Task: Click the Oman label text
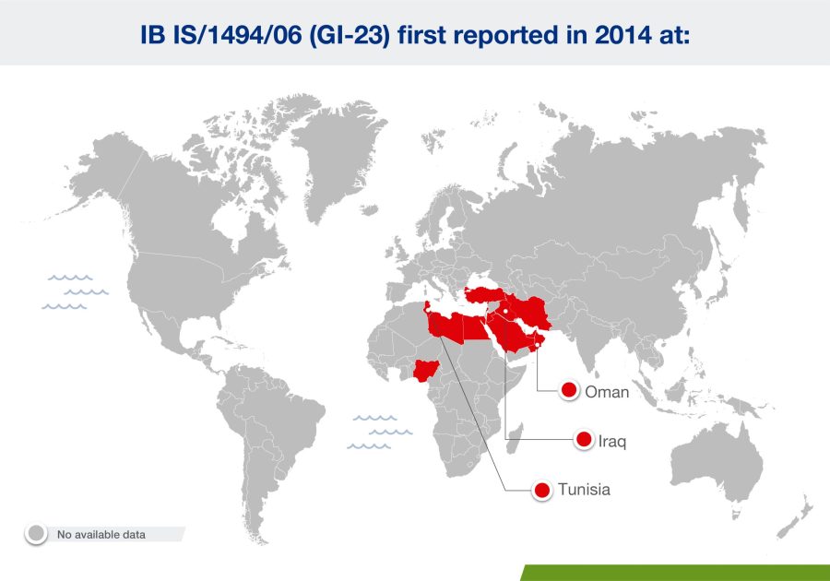(607, 392)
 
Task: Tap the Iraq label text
(612, 441)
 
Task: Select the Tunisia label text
(584, 490)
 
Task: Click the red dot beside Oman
(569, 390)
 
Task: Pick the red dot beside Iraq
(584, 439)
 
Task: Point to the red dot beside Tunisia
(542, 490)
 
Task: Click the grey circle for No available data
(37, 533)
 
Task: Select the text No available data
(101, 535)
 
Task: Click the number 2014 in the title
(622, 35)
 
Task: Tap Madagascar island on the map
(515, 439)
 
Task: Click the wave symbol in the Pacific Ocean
(76, 292)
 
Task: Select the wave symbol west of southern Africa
(380, 433)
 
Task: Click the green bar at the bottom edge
(675, 573)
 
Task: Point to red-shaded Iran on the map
(532, 311)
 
